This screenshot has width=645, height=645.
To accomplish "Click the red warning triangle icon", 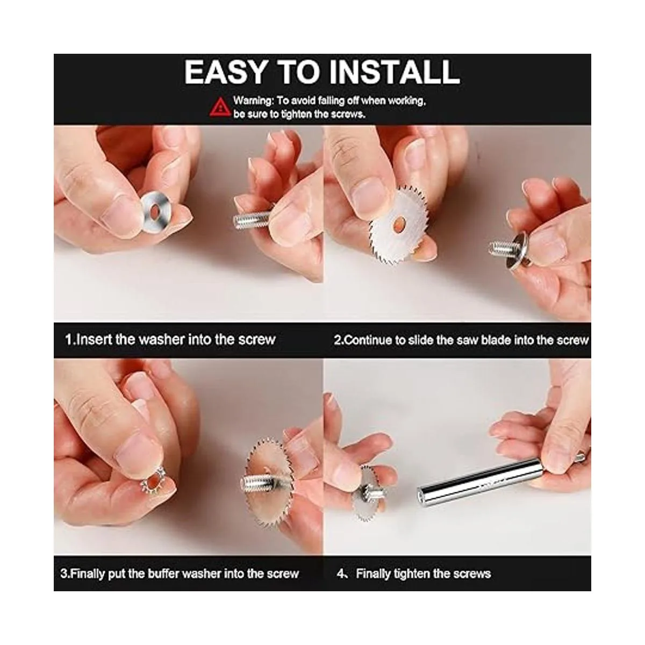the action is click(x=220, y=107).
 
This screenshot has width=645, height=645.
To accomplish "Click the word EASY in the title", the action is click(x=225, y=72).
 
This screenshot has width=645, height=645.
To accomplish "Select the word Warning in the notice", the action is click(x=253, y=100).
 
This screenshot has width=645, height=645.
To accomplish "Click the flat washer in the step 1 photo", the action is click(x=155, y=212).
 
